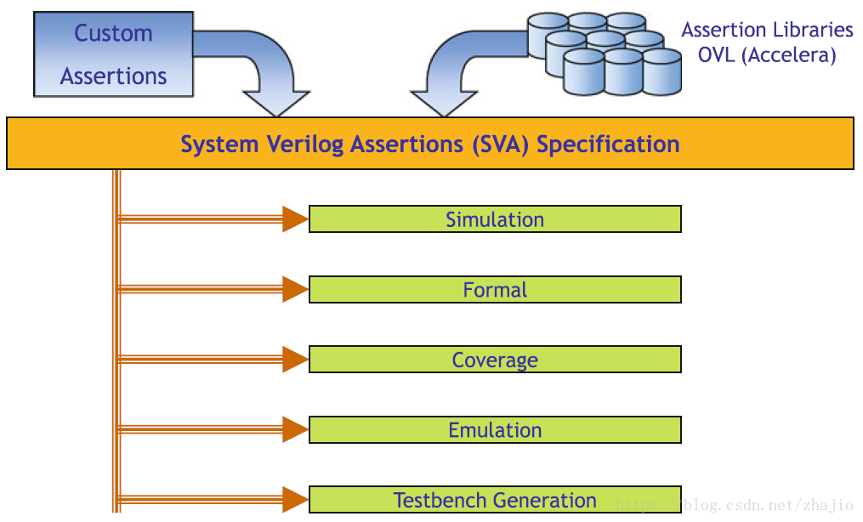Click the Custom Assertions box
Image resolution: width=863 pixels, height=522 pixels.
tap(113, 54)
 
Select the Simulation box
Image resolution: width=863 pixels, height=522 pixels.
tap(495, 219)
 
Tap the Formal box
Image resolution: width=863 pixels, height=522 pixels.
tap(495, 290)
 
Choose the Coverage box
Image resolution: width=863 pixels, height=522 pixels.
tap(495, 360)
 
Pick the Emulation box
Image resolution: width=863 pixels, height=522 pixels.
tap(495, 430)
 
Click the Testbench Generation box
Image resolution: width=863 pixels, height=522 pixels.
tap(495, 500)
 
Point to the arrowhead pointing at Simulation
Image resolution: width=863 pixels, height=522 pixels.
tap(296, 219)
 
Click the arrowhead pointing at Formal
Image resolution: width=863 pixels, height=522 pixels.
tap(296, 290)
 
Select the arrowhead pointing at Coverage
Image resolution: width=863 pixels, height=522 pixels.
tap(296, 360)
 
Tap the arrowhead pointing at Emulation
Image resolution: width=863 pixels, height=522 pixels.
tap(296, 430)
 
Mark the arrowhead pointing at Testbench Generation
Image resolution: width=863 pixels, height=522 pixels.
tap(296, 500)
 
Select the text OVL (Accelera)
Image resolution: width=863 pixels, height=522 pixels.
tap(767, 55)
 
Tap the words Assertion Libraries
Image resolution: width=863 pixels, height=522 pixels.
tap(767, 31)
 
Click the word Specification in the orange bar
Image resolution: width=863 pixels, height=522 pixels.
tap(608, 144)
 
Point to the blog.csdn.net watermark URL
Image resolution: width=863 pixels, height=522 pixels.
tap(735, 504)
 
